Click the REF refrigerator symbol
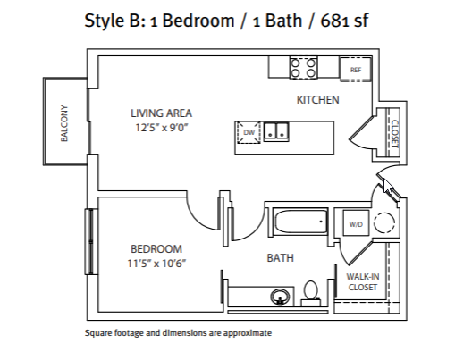coord(356,69)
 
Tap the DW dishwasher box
coord(249,132)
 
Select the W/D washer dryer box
coord(356,223)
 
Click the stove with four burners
coord(303,68)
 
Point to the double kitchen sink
coord(276,131)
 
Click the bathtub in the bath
coord(301,222)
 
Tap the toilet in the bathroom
coord(310,293)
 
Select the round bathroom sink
coord(280,297)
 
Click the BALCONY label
coord(64,123)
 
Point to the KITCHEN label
coord(317,100)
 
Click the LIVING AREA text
coord(161,113)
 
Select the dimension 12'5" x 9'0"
coord(162,128)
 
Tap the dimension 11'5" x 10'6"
coord(156,264)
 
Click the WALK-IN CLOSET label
coord(363,281)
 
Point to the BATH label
coord(280,258)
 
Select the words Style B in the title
coord(114,21)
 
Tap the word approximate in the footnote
coord(248,332)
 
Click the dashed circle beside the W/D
coord(384,222)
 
